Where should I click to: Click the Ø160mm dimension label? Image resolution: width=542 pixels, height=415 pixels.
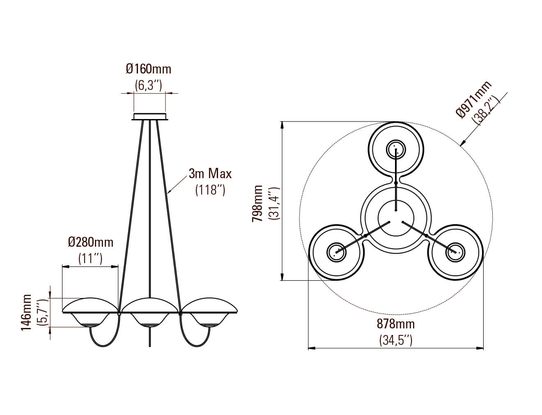[149, 69]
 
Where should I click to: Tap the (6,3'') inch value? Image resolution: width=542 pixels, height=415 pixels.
[149, 85]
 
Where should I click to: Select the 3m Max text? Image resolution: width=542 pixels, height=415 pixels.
[210, 174]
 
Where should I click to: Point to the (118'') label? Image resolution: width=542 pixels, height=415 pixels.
[210, 190]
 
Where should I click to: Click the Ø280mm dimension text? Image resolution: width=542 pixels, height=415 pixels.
[91, 242]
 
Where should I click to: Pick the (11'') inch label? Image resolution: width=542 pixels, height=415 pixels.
[90, 259]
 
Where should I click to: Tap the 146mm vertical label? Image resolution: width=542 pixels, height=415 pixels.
[26, 313]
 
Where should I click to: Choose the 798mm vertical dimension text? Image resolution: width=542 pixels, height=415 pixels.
[257, 203]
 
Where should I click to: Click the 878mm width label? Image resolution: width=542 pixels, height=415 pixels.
[396, 324]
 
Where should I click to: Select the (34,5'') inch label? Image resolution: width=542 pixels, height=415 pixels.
[396, 340]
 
